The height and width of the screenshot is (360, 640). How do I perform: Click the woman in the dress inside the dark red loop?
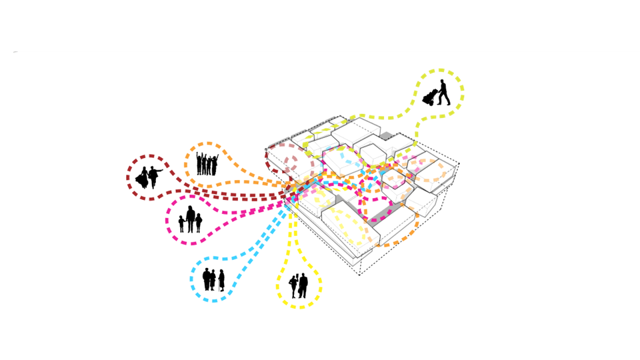pyautogui.click(x=142, y=178)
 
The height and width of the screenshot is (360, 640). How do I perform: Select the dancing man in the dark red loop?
pyautogui.click(x=154, y=177)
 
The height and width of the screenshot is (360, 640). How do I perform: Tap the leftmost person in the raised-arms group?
pyautogui.click(x=199, y=164)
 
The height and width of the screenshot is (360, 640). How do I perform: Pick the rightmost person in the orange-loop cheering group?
pyautogui.click(x=215, y=165)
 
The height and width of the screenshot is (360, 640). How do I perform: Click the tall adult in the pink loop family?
pyautogui.click(x=190, y=219)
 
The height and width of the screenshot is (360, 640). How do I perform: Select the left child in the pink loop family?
pyautogui.click(x=181, y=224)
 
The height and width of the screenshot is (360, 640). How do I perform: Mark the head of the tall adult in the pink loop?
pyautogui.click(x=190, y=209)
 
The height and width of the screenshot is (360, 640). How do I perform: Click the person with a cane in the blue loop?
pyautogui.click(x=221, y=281)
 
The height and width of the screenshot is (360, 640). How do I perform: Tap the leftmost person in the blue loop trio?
pyautogui.click(x=207, y=279)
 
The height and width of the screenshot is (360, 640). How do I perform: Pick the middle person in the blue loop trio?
pyautogui.click(x=213, y=279)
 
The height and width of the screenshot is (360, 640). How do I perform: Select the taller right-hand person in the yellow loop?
pyautogui.click(x=303, y=285)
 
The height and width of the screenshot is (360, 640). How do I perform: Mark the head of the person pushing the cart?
pyautogui.click(x=442, y=82)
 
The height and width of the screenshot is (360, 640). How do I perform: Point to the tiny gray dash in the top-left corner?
pyautogui.click(x=15, y=52)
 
